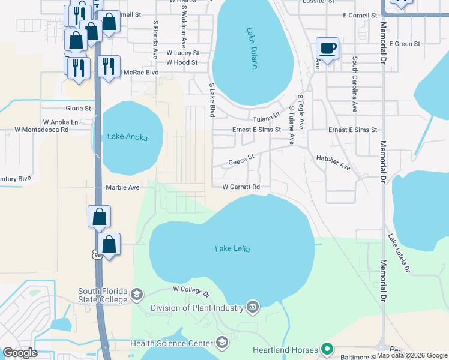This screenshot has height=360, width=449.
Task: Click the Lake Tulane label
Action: pos(253,48)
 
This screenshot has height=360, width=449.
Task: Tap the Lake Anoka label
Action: pos(127,137)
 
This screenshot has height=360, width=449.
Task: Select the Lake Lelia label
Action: pos(232,248)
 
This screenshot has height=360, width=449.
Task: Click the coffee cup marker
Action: pos(327,48)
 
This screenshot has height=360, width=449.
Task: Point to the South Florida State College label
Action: pos(103,295)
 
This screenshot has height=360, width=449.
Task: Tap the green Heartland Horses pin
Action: pos(327,348)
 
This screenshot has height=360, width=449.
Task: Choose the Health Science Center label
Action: pos(172,344)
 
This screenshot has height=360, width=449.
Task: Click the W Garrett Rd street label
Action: pos(241,187)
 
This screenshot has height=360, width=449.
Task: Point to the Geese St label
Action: pos(242,160)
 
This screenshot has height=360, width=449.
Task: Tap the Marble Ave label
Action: pos(122,187)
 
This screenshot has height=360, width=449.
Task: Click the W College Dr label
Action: pos(191,292)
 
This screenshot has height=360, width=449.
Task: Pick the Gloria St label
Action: pos(78,109)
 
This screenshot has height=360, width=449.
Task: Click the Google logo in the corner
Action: pos(20,353)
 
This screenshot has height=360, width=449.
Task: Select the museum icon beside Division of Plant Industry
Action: pos(253,308)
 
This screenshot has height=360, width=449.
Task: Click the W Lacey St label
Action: pos(182,53)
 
